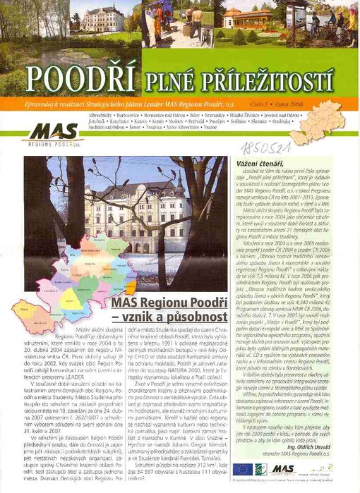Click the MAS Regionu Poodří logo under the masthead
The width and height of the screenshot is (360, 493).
(55, 133)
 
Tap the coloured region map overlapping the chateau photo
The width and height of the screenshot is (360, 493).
(74, 282)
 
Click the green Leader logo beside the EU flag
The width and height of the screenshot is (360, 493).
(260, 468)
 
